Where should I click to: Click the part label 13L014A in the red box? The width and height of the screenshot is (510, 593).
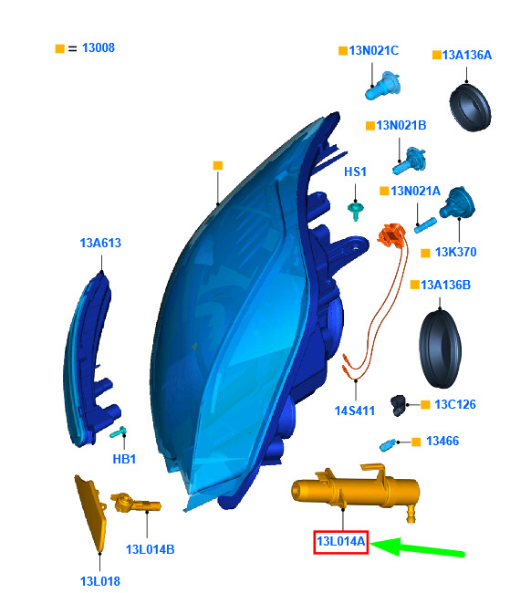pyautogui.click(x=340, y=541)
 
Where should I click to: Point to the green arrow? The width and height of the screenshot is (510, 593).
pyautogui.click(x=417, y=546)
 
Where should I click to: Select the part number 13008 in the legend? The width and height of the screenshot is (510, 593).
pyautogui.click(x=98, y=47)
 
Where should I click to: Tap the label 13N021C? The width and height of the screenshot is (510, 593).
pyautogui.click(x=373, y=50)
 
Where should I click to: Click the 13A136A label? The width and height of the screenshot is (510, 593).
pyautogui.click(x=467, y=55)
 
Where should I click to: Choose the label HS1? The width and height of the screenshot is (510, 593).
pyautogui.click(x=355, y=172)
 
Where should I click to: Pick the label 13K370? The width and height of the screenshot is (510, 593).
pyautogui.click(x=455, y=252)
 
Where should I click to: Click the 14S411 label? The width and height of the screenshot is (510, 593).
pyautogui.click(x=355, y=411)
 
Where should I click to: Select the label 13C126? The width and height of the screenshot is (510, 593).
pyautogui.click(x=455, y=404)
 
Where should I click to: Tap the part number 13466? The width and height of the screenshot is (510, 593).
pyautogui.click(x=442, y=441)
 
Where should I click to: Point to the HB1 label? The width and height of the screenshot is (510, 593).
pyautogui.click(x=124, y=459)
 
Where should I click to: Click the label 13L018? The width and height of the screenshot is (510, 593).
pyautogui.click(x=99, y=581)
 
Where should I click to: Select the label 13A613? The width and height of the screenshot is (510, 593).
pyautogui.click(x=100, y=243)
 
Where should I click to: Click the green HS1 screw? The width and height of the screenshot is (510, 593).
pyautogui.click(x=355, y=211)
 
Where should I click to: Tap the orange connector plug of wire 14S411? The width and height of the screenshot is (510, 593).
pyautogui.click(x=391, y=233)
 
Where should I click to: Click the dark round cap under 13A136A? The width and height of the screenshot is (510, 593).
pyautogui.click(x=470, y=108)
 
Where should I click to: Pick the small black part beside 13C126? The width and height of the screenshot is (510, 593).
pyautogui.click(x=398, y=405)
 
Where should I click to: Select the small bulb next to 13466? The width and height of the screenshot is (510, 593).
pyautogui.click(x=388, y=445)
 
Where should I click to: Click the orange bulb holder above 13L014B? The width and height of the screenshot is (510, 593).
pyautogui.click(x=135, y=504)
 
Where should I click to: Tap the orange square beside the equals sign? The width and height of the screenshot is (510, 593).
pyautogui.click(x=60, y=48)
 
